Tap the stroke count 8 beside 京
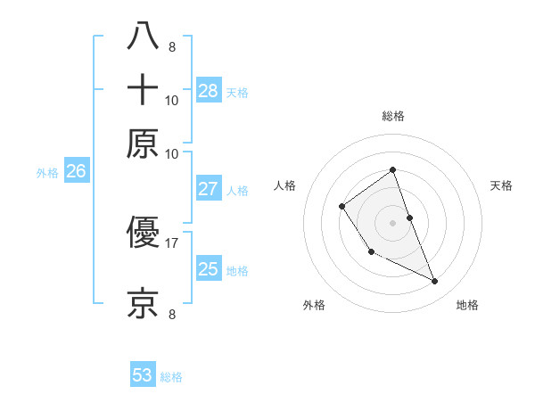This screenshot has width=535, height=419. tap(171, 313)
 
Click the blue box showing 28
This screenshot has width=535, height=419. tap(209, 90)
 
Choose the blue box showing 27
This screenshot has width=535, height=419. tap(209, 189)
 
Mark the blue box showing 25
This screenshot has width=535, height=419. tap(209, 269)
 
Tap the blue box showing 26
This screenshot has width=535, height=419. tap(76, 172)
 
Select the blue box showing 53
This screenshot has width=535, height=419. tap(143, 375)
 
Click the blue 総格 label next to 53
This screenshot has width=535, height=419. tap(171, 377)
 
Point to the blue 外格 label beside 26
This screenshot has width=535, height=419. tap(47, 174)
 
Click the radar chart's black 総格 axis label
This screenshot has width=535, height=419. tap(392, 117)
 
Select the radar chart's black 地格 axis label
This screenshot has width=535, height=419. tap(467, 306)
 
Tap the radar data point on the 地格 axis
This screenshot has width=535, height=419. tap(435, 282)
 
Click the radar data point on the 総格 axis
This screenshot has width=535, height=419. tap(392, 169)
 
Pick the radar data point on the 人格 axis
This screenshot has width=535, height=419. tap(342, 207)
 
